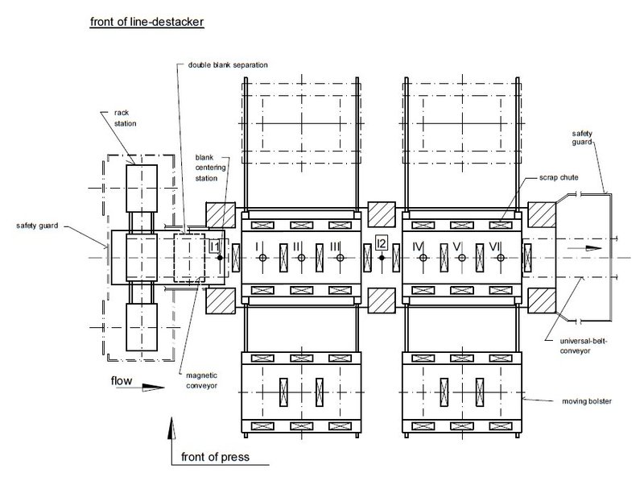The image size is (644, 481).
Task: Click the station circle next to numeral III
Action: click(340, 258)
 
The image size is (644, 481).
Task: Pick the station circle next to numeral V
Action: click(462, 258)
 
